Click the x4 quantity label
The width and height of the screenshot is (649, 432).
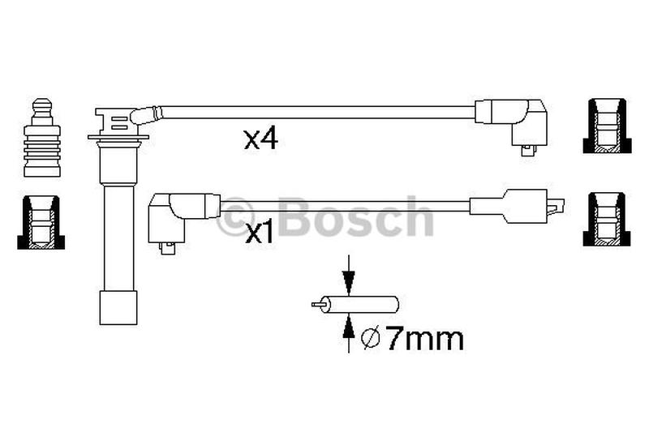click(x=260, y=139)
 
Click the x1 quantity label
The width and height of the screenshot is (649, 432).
click(x=260, y=233)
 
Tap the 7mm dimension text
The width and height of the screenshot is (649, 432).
click(x=425, y=340)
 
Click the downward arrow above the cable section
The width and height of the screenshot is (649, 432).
click(x=349, y=276)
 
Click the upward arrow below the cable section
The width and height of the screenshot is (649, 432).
click(x=349, y=333)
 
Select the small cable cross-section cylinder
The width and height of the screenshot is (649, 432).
click(x=355, y=305)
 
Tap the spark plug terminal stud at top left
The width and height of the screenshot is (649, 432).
click(x=42, y=138)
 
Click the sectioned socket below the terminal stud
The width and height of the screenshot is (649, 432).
click(x=41, y=222)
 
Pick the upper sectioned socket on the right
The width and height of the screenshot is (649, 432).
click(x=607, y=126)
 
